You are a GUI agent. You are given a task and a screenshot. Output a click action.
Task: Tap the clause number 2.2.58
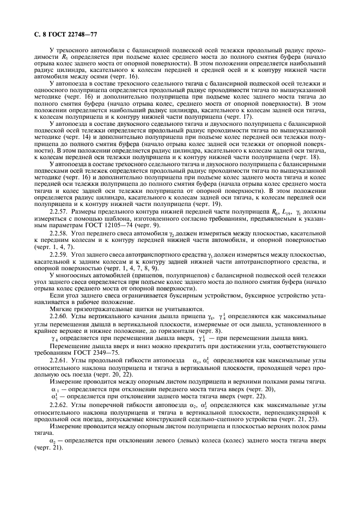[x=59, y=233]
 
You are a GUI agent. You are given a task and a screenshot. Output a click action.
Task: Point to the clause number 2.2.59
[x=59, y=255]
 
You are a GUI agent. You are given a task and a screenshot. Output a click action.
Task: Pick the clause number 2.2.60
[x=59, y=316]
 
